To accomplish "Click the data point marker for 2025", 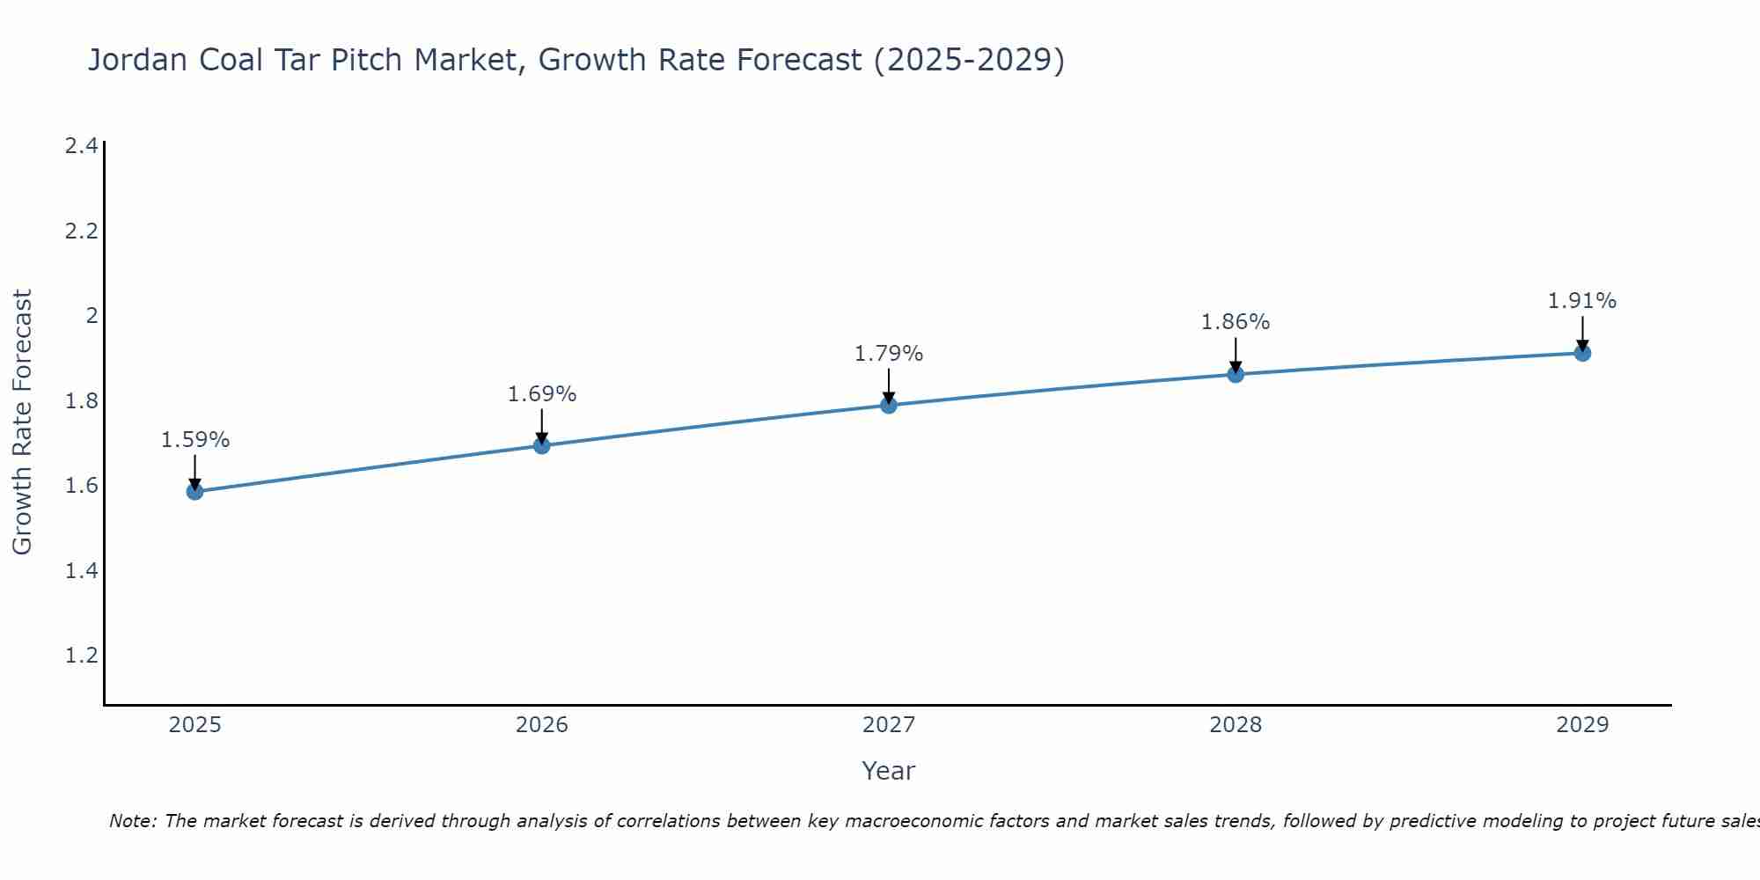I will pyautogui.click(x=194, y=491).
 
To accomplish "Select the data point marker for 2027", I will pyautogui.click(x=889, y=405).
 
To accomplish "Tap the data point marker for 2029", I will pyautogui.click(x=1582, y=353).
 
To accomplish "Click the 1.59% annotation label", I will pyautogui.click(x=195, y=440).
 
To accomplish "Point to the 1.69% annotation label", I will pyautogui.click(x=542, y=394).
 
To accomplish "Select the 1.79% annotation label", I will pyautogui.click(x=889, y=354).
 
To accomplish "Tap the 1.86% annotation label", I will pyautogui.click(x=1236, y=322).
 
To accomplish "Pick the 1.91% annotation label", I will pyautogui.click(x=1582, y=301).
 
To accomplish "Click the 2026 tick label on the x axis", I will pyautogui.click(x=542, y=725).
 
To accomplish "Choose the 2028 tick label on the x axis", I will pyautogui.click(x=1236, y=725).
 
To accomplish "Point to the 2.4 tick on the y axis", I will pyautogui.click(x=81, y=146).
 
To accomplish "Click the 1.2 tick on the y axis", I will pyautogui.click(x=81, y=656).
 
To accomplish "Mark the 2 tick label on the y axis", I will pyautogui.click(x=92, y=316).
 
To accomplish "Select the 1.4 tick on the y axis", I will pyautogui.click(x=81, y=571).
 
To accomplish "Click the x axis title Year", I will pyautogui.click(x=889, y=771).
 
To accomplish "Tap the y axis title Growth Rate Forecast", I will pyautogui.click(x=22, y=422).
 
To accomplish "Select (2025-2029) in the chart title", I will pyautogui.click(x=969, y=60).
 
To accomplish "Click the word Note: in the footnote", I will pyautogui.click(x=134, y=821).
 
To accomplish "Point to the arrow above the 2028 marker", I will pyautogui.click(x=1236, y=355).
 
